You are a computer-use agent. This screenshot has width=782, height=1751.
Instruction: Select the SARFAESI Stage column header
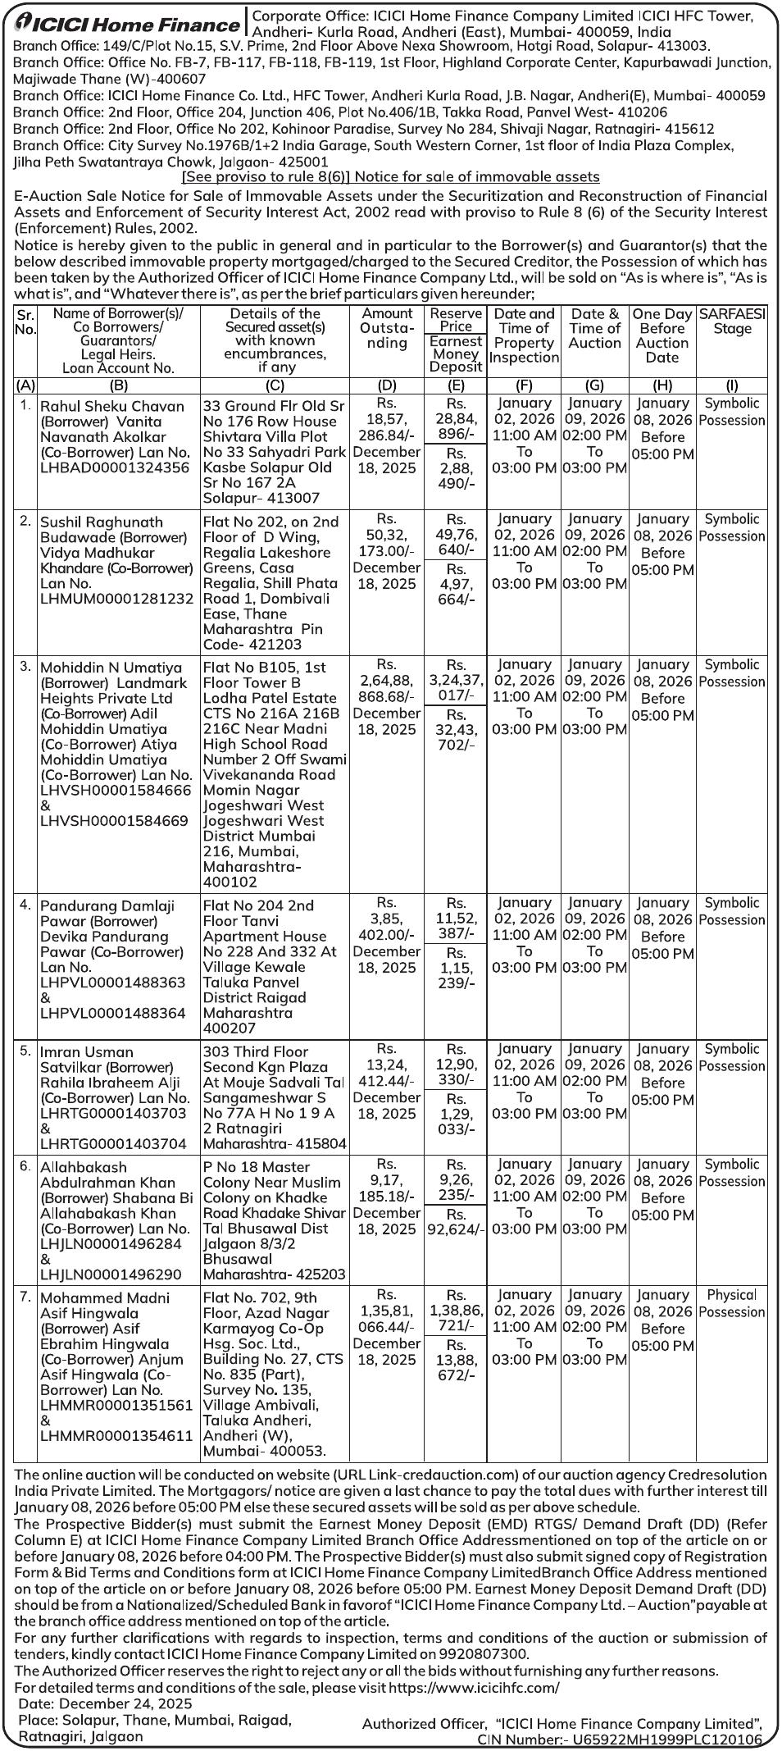tap(732, 321)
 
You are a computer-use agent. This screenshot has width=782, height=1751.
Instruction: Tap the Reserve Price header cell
tap(456, 320)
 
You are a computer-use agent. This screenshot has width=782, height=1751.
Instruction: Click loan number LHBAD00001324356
tap(114, 467)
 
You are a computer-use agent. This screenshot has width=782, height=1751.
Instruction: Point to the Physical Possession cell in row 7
tap(732, 1303)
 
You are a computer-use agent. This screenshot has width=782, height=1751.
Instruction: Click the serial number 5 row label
tap(25, 1050)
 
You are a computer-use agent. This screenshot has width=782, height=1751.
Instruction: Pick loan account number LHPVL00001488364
tap(113, 1014)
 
